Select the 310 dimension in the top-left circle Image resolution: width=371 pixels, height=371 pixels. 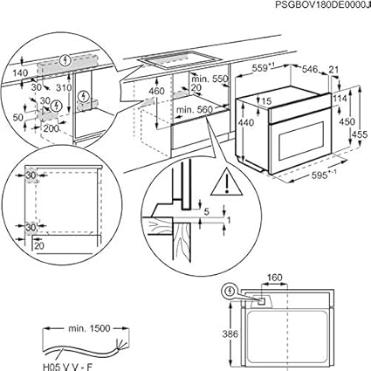[63, 89]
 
